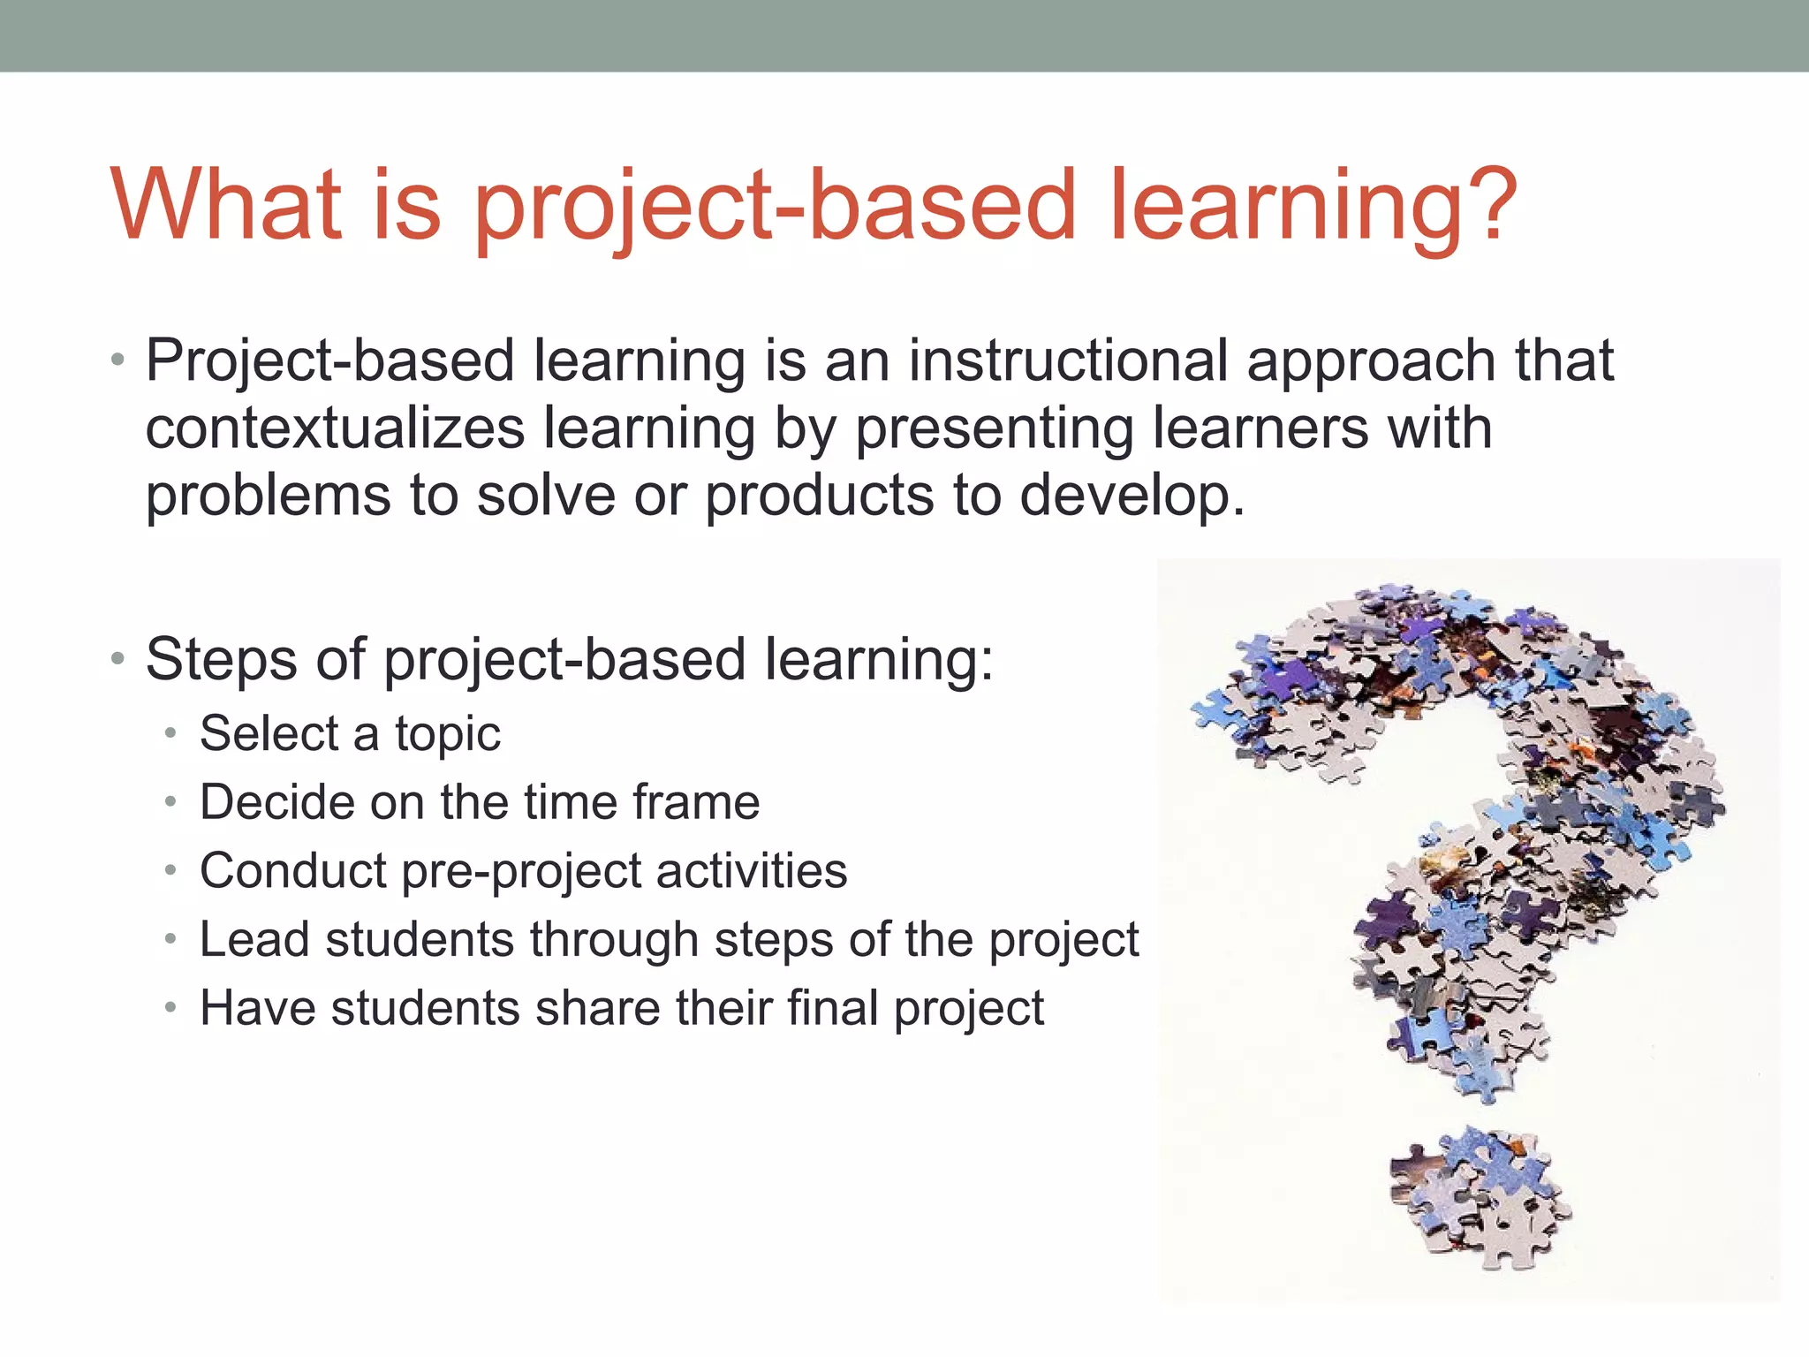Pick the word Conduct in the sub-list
[x=292, y=871]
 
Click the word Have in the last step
[x=257, y=1008]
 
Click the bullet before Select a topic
[x=172, y=734]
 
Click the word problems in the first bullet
[x=268, y=497]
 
